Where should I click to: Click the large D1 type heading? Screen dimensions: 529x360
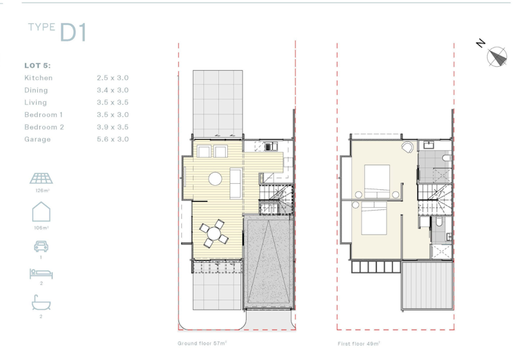pyautogui.click(x=73, y=32)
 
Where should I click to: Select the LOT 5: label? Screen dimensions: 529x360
pyautogui.click(x=37, y=65)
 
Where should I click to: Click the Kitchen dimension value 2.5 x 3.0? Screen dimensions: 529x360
pyautogui.click(x=113, y=78)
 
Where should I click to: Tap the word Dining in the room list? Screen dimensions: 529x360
pyautogui.click(x=36, y=90)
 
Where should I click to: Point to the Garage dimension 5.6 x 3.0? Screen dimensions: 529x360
pyautogui.click(x=113, y=139)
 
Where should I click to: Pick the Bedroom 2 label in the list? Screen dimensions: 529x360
pyautogui.click(x=44, y=127)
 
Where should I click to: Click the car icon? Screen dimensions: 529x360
pyautogui.click(x=41, y=246)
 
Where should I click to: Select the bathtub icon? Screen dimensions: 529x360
pyautogui.click(x=41, y=302)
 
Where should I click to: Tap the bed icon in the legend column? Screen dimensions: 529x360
pyautogui.click(x=41, y=274)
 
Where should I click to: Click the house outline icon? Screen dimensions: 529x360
pyautogui.click(x=41, y=212)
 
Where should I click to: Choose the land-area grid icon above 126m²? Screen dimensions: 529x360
pyautogui.click(x=41, y=178)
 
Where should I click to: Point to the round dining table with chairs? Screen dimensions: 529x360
pyautogui.click(x=214, y=233)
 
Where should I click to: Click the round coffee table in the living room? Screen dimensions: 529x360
pyautogui.click(x=215, y=179)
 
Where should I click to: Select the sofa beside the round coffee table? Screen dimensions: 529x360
pyautogui.click(x=236, y=183)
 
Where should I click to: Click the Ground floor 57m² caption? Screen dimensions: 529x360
pyautogui.click(x=202, y=343)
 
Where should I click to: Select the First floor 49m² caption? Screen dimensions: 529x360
pyautogui.click(x=359, y=343)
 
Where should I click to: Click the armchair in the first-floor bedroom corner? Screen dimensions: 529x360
pyautogui.click(x=408, y=147)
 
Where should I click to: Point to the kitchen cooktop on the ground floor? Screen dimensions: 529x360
pyautogui.click(x=268, y=147)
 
